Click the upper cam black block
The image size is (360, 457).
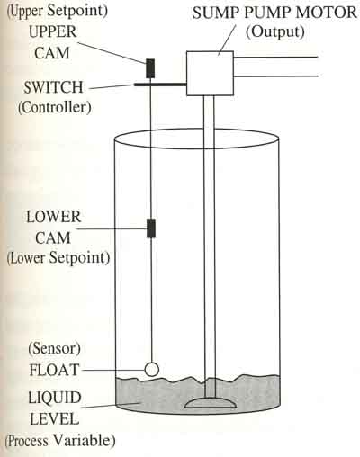click(150, 68)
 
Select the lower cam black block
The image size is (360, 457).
click(151, 228)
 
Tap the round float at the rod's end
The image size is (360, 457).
click(152, 369)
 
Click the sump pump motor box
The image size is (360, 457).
click(210, 74)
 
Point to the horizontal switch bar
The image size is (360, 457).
click(160, 85)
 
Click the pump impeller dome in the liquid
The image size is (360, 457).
click(209, 402)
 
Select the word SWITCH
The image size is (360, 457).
click(53, 87)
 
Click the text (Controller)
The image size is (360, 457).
click(55, 107)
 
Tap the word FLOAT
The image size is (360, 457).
click(54, 370)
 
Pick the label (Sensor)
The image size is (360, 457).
click(55, 348)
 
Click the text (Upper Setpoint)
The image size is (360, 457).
click(57, 11)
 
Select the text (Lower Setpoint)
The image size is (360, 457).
click(58, 257)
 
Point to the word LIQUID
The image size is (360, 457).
click(55, 398)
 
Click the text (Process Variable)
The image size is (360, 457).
click(60, 441)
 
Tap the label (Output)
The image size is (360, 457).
click(275, 31)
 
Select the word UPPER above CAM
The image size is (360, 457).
click(53, 31)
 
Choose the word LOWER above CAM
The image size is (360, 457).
click(54, 217)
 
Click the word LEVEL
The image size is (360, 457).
click(55, 418)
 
